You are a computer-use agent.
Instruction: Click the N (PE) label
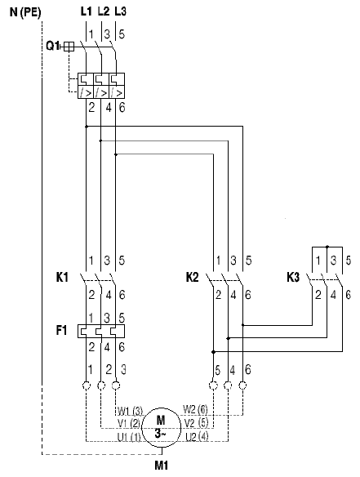[x=25, y=12]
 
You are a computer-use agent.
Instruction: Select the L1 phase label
[x=87, y=11]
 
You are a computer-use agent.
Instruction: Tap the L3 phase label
[x=120, y=11]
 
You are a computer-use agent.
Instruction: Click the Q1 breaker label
[x=53, y=46]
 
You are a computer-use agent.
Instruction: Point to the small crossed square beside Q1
[x=69, y=47]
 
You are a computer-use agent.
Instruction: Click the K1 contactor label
[x=62, y=278]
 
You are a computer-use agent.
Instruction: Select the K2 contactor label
[x=192, y=278]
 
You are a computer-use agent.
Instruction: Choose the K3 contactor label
[x=293, y=278]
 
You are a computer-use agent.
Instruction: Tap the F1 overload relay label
[x=61, y=330]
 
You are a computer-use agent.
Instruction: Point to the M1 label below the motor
[x=162, y=465]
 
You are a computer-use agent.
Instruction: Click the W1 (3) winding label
[x=130, y=412]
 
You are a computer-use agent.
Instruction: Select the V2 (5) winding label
[x=197, y=423]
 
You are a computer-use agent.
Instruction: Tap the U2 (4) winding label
[x=197, y=437]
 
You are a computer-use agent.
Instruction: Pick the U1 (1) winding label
[x=129, y=438]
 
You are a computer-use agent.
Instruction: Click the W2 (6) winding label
[x=195, y=409]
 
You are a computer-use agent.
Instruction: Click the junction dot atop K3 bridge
[x=327, y=247]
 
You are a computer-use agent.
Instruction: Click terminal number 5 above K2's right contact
[x=249, y=261]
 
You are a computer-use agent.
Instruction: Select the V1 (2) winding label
[x=129, y=423]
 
